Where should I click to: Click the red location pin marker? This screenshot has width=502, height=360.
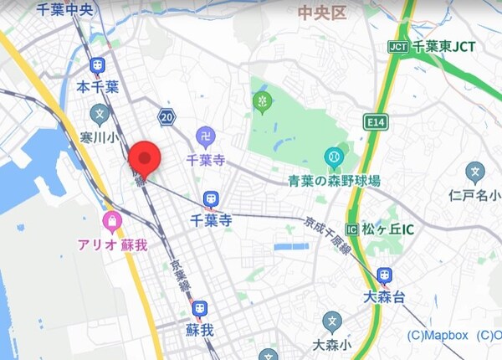(x=146, y=157)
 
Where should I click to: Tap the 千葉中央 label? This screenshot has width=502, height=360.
(x=66, y=10)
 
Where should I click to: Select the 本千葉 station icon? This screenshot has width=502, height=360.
(x=98, y=65)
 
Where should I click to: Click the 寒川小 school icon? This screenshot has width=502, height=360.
(x=99, y=113)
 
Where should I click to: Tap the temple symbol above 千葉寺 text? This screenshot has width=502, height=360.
(x=205, y=136)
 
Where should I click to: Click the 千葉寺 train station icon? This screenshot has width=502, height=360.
(x=210, y=199)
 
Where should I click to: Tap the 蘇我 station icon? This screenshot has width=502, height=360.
(x=199, y=309)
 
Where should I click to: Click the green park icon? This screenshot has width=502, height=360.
(x=263, y=102)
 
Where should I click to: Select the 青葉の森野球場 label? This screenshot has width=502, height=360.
(x=335, y=180)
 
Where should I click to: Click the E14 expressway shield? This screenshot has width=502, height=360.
(x=375, y=123)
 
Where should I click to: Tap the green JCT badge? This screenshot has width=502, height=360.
(x=398, y=47)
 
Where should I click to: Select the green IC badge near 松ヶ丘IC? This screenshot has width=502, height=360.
(x=351, y=229)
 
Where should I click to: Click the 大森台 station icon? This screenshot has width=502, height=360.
(x=384, y=275)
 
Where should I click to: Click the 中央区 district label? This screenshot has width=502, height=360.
(x=322, y=12)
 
